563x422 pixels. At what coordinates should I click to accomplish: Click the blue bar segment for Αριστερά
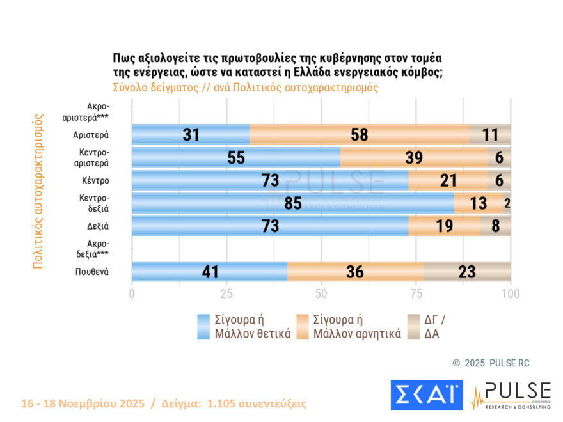[190, 135]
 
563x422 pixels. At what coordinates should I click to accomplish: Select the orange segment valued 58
[359, 135]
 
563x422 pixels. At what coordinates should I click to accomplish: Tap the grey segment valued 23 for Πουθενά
[466, 272]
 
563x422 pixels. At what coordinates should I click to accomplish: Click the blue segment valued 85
[292, 204]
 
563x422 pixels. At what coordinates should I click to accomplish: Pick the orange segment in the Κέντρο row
[447, 181]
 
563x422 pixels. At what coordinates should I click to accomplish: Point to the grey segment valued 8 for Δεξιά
[495, 226]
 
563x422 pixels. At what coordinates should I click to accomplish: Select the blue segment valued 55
[235, 158]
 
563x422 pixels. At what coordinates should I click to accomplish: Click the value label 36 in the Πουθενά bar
[354, 272]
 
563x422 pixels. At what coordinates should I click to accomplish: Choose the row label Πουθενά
[90, 272]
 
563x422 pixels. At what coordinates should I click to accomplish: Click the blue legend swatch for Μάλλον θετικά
[203, 326]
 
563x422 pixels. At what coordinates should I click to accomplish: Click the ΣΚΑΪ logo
[426, 395]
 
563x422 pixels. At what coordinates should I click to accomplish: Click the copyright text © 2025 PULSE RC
[491, 363]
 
